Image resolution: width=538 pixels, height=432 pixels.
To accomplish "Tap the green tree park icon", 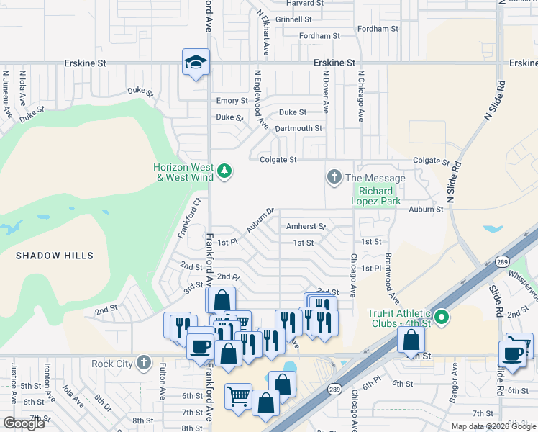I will click(224, 171).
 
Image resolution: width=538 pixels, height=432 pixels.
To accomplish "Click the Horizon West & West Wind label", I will click(184, 172).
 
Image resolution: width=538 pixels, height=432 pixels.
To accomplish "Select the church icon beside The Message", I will click(334, 176).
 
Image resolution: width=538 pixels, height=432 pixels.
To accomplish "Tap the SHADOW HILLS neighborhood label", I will click(55, 256).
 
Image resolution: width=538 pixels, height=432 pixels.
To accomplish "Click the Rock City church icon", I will click(144, 362).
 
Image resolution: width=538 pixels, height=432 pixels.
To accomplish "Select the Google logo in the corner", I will click(24, 423).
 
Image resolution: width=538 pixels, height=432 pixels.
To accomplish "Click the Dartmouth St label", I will click(298, 128).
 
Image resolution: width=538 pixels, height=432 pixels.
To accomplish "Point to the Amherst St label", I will click(306, 226).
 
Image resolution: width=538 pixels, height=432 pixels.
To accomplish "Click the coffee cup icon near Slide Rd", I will click(513, 354).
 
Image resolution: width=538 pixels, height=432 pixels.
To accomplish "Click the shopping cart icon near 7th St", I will click(239, 397).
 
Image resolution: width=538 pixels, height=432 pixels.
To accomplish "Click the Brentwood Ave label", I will click(391, 278).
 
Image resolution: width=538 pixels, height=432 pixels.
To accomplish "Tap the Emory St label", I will click(232, 101).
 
